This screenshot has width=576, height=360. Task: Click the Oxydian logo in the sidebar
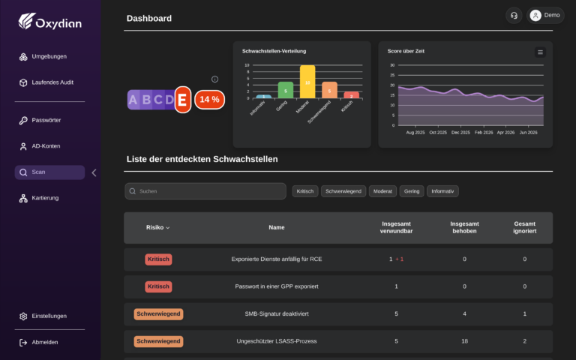click(50, 21)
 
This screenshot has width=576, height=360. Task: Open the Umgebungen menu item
click(43, 56)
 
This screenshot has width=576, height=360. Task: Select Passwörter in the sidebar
click(40, 120)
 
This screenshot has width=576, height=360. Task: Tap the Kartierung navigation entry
click(39, 198)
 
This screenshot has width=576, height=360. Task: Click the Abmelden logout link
click(38, 342)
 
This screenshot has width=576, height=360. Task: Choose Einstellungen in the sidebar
click(43, 316)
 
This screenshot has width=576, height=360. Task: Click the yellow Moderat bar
click(307, 82)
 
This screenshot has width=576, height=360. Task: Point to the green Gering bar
click(286, 90)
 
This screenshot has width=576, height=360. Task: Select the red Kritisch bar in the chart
click(351, 95)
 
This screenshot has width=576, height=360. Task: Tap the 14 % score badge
click(209, 100)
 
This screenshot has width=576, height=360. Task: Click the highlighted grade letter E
click(182, 100)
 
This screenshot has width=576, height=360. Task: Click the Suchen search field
click(205, 191)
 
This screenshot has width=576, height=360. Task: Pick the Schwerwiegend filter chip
click(343, 191)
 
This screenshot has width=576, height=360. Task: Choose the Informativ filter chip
click(442, 191)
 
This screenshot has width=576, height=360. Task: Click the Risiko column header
click(158, 227)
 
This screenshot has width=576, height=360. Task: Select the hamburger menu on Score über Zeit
click(540, 52)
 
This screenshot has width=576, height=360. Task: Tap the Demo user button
click(545, 16)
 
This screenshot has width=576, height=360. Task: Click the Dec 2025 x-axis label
click(460, 132)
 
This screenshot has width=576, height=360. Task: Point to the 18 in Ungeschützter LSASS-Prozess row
click(464, 341)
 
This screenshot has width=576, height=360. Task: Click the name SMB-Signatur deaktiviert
click(277, 313)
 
